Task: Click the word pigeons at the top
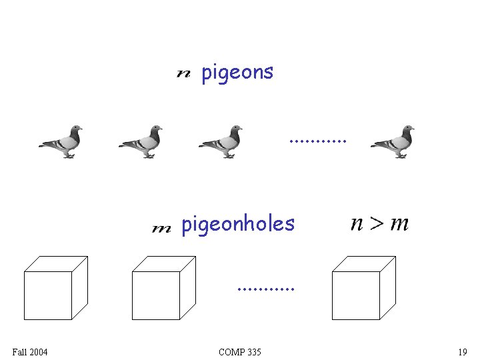point(237,72)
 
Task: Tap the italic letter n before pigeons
point(183,73)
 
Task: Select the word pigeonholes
point(237,224)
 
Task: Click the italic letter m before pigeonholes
point(161,229)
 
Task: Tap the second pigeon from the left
point(141,141)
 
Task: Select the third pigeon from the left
point(221,141)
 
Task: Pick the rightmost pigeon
point(393,141)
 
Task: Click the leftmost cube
point(55,288)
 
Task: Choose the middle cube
point(163,288)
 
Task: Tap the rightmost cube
point(363,288)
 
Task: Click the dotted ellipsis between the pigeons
point(318,141)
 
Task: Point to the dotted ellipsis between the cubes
point(265,290)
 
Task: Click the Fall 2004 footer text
point(30,352)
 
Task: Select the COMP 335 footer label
point(240,352)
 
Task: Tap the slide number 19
point(462,352)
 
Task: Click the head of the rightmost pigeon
point(407,129)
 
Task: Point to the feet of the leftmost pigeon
point(69,156)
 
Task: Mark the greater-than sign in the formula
point(378,224)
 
